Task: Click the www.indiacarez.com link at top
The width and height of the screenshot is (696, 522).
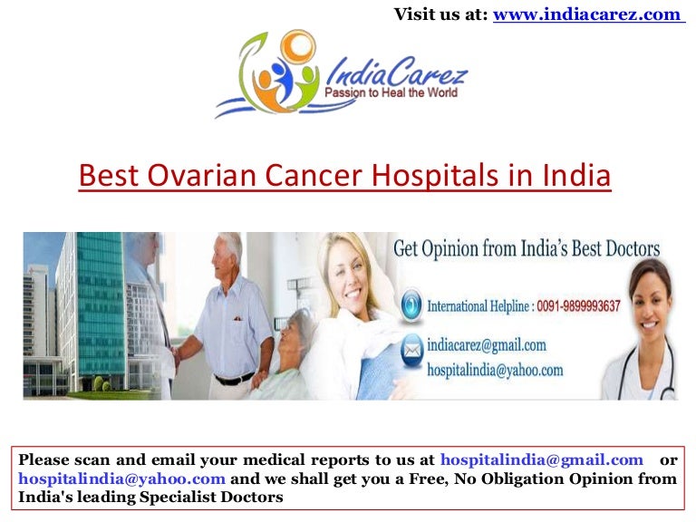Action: (x=587, y=14)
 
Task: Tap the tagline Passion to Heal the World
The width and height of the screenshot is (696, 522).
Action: (x=391, y=92)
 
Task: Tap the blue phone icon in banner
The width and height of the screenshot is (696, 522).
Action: (x=411, y=303)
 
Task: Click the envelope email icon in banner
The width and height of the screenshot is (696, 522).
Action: (x=411, y=347)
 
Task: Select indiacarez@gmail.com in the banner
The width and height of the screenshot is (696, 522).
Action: (x=487, y=344)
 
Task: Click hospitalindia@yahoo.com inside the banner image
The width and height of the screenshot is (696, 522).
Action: (x=496, y=370)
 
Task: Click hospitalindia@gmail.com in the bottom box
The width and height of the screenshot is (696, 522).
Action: (x=542, y=460)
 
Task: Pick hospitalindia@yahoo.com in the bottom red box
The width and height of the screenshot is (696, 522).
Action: (x=121, y=478)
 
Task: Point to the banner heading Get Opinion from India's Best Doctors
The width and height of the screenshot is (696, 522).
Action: (x=527, y=249)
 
